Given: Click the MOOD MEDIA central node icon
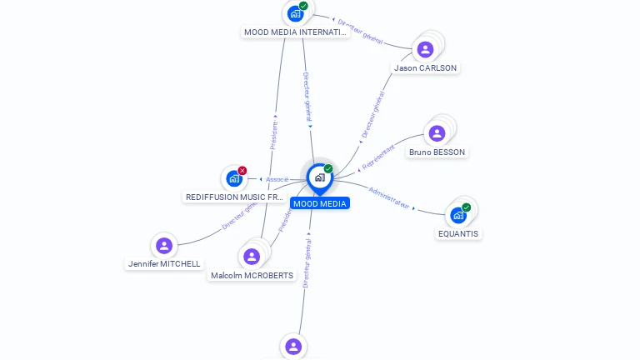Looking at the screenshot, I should (x=319, y=177).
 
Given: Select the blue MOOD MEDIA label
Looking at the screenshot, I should (x=320, y=203).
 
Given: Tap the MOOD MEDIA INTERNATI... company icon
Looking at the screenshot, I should (x=295, y=12).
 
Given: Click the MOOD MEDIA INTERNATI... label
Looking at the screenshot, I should (x=294, y=32).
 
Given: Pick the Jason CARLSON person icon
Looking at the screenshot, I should (x=425, y=49).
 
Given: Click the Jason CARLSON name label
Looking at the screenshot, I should (x=425, y=68).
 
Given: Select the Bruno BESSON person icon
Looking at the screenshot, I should (x=437, y=133).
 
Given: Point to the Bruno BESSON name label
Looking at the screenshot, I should (x=437, y=152).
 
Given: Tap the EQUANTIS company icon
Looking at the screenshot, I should (x=458, y=215).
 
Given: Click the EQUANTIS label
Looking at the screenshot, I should (x=459, y=234).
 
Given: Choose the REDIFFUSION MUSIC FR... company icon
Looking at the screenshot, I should (x=234, y=178).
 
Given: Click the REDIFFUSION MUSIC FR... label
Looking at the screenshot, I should (x=235, y=197).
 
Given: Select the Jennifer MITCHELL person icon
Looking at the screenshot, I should (x=164, y=245).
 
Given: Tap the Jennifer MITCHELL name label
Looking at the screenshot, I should (x=164, y=264).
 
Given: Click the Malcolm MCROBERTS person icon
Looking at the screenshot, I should (x=252, y=257).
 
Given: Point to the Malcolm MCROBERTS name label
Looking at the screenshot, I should (x=252, y=276).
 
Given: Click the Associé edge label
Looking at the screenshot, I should (x=277, y=179).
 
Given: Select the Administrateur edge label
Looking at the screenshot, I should (x=388, y=197).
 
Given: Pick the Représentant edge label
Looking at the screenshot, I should (x=379, y=154).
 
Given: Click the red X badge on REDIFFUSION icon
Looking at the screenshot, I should (x=242, y=171).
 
